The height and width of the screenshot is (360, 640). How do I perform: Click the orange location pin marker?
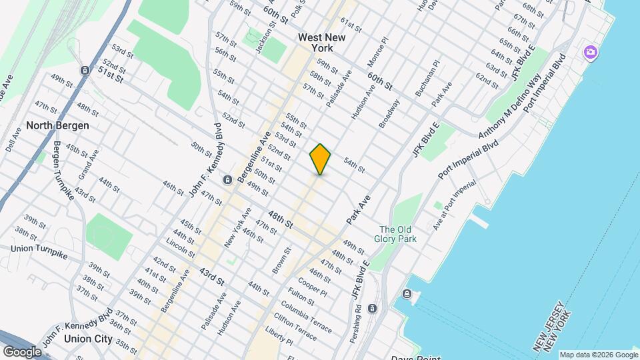click(320, 159)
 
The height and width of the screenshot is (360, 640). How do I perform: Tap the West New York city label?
click(322, 43)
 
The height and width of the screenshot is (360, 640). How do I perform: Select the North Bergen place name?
click(57, 125)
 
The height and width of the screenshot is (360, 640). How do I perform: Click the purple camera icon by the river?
click(591, 52)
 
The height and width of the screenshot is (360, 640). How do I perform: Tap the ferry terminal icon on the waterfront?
click(406, 294)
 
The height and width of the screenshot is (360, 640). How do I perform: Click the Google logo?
click(22, 351)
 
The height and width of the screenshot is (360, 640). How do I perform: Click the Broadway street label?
click(389, 115)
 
